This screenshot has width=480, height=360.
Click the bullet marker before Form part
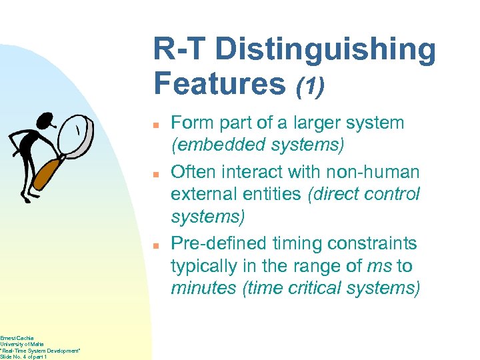(155, 125)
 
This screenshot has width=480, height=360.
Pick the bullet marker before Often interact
(155, 174)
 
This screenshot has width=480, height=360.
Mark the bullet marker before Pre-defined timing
(155, 245)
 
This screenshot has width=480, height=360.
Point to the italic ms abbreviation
(379, 266)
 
